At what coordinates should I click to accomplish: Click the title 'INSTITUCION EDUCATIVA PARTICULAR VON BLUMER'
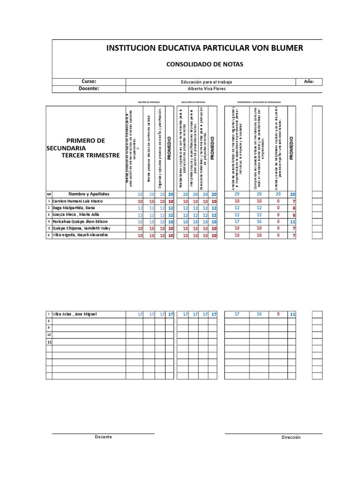(205, 48)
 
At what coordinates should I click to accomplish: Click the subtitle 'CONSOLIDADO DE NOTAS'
(205, 64)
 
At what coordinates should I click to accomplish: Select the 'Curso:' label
(89, 82)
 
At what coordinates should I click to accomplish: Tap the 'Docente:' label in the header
(89, 88)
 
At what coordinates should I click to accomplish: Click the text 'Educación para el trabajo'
(207, 82)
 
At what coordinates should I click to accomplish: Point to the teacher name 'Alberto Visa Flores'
(207, 89)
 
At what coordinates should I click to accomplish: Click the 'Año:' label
(308, 82)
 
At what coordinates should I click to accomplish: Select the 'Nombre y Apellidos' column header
(89, 194)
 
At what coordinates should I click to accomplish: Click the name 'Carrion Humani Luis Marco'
(77, 201)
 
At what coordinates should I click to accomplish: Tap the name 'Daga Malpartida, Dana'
(74, 208)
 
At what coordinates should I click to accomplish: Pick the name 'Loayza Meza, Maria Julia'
(76, 215)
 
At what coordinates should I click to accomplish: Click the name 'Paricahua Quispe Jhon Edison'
(80, 221)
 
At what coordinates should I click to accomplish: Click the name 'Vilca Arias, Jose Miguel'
(75, 314)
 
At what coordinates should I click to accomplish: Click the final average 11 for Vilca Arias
(292, 314)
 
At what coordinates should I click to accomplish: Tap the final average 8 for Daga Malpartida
(292, 208)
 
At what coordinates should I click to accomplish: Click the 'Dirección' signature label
(291, 437)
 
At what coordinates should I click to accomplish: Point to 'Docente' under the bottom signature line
(103, 437)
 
